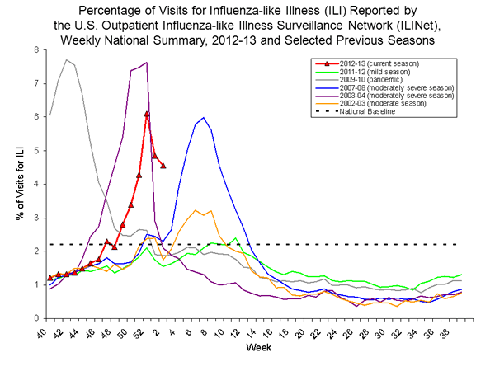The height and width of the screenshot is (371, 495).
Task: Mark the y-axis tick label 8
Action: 36,49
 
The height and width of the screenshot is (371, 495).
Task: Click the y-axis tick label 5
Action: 36,150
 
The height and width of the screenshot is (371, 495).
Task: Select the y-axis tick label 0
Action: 36,318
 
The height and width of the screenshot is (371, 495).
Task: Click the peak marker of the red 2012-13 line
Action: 146,114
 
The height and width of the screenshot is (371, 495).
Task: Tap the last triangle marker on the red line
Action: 163,166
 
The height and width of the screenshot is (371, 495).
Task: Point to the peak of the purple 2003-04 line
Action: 146,63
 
